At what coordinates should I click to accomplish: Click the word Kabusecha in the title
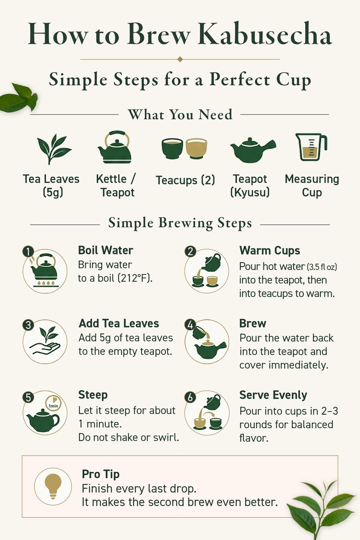coord(265,34)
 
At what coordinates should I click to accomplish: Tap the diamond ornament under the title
coord(180,59)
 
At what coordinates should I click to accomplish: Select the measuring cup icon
coord(311,147)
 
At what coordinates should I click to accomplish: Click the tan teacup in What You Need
coord(196,148)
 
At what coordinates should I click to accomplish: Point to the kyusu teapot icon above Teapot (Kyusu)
coord(252,150)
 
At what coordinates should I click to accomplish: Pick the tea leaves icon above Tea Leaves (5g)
coord(54,149)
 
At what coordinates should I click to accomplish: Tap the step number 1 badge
coord(28,252)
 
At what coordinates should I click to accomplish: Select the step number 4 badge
coord(190,325)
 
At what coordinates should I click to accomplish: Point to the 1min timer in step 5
coord(53,403)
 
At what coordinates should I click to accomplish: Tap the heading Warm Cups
coord(270,250)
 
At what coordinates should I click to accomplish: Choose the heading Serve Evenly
coord(273,395)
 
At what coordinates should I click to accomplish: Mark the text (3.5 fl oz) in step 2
coord(322,267)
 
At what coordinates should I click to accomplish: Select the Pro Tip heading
coord(101,475)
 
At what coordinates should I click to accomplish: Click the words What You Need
coord(180,114)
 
